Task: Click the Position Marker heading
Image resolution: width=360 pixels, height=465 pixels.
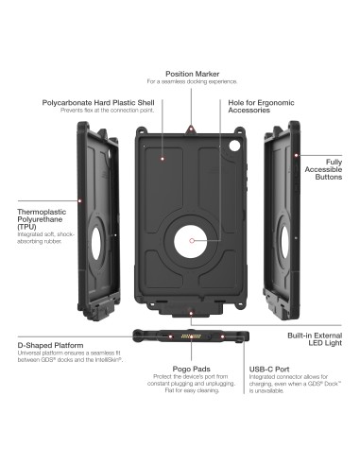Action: pyautogui.click(x=194, y=73)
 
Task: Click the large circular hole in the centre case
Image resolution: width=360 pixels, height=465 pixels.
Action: pyautogui.click(x=193, y=241)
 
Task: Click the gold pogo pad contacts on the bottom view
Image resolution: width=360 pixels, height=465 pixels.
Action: pyautogui.click(x=194, y=335)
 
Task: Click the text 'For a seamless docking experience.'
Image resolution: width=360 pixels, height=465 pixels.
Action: pyautogui.click(x=194, y=82)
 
